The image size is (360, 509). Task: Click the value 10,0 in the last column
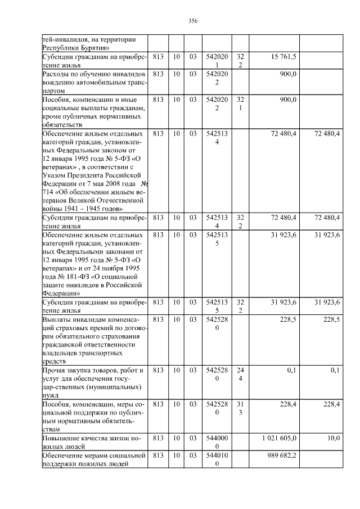pos(333,438)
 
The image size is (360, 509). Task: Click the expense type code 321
pos(240,104)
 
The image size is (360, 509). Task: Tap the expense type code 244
pos(240,375)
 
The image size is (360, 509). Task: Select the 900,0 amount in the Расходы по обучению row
pos(287,74)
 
